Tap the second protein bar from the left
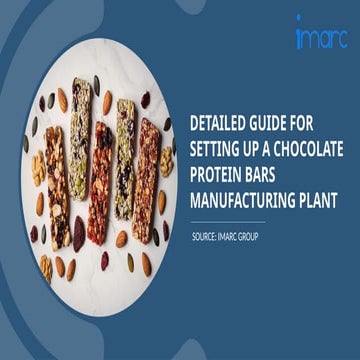[x=80, y=150]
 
